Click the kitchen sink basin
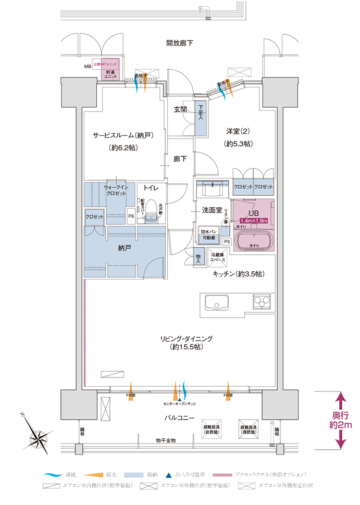[x=216, y=304]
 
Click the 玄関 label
[x=181, y=109]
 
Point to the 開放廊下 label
[x=180, y=43]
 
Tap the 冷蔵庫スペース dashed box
[x=218, y=257]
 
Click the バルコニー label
[x=180, y=418]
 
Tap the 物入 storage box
[x=198, y=258]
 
